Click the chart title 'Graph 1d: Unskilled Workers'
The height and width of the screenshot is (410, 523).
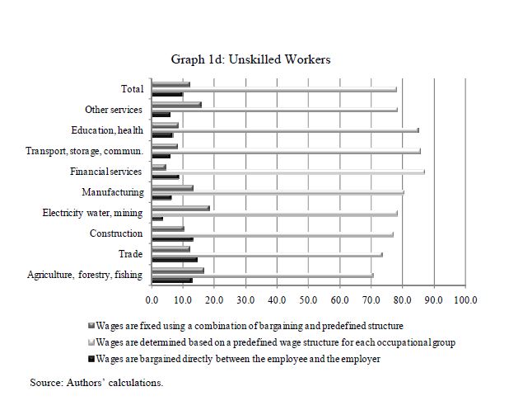point(250,59)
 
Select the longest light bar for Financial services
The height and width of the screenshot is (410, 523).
point(288,172)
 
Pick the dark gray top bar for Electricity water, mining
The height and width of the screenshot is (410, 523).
point(180,208)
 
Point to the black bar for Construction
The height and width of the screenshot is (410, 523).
point(172,239)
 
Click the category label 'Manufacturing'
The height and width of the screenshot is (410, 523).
point(113,192)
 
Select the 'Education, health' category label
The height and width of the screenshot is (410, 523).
point(107,130)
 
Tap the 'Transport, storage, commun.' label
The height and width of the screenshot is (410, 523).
point(85,151)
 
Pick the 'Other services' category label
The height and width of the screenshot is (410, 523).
point(114,110)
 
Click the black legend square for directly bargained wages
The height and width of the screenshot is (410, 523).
point(91,359)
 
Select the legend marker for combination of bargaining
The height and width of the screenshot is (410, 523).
point(91,325)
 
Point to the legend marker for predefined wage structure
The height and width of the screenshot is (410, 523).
point(91,342)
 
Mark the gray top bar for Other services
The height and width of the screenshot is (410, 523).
point(176,105)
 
